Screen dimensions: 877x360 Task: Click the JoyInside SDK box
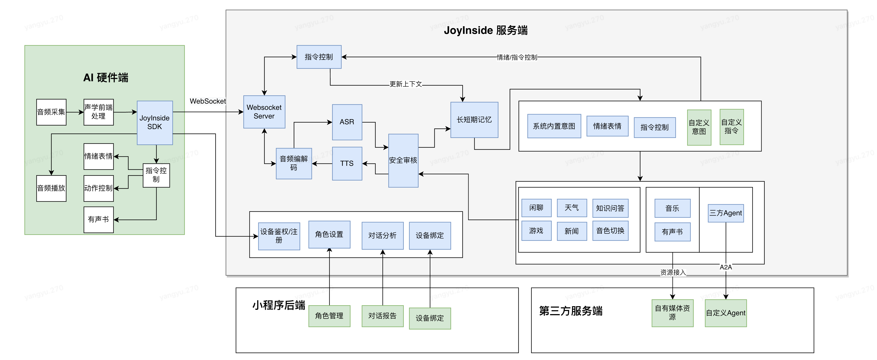[155, 123]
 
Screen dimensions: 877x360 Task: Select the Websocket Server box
[264, 112]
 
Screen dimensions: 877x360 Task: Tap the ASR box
[347, 122]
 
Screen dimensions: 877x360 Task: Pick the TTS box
[347, 164]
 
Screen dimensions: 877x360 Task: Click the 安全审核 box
[403, 161]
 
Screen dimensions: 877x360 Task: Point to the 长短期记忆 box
[474, 120]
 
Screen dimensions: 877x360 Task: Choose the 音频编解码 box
[294, 163]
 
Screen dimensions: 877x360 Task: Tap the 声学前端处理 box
[99, 112]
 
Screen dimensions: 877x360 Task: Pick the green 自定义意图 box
[699, 127]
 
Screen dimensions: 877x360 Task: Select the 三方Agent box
[726, 213]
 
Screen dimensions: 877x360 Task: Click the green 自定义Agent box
[726, 313]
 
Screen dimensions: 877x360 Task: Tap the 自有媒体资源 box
[672, 313]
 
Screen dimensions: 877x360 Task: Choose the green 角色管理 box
[329, 316]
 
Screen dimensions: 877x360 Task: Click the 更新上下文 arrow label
[406, 84]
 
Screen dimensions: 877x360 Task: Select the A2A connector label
[726, 267]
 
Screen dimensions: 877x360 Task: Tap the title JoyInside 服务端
[486, 30]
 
